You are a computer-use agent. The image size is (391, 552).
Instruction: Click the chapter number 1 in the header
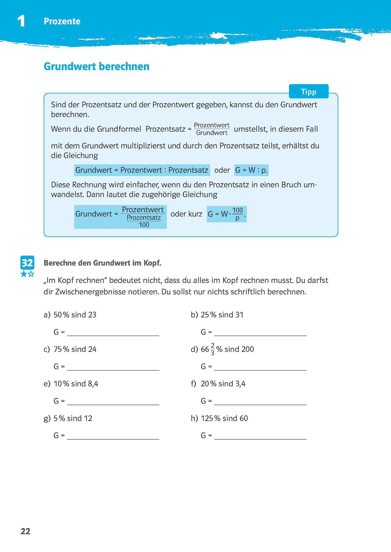tap(21, 21)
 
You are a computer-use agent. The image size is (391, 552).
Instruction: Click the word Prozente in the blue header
tap(62, 21)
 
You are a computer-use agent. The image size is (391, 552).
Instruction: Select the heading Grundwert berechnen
tap(96, 67)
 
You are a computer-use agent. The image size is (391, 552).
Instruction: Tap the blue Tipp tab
tap(308, 92)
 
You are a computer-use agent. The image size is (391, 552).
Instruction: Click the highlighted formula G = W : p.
tap(251, 170)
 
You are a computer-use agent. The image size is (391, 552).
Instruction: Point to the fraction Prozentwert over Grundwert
tap(212, 129)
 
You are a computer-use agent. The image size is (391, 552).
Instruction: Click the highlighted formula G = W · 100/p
tap(227, 214)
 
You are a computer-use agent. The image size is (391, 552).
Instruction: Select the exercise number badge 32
tap(27, 263)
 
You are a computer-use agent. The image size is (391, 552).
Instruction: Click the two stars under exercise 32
tap(27, 274)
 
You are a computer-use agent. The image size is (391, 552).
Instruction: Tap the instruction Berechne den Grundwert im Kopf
tap(102, 263)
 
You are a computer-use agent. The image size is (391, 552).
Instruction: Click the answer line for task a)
tap(113, 333)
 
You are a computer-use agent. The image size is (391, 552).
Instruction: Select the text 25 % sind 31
tap(222, 315)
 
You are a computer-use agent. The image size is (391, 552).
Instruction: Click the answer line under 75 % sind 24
tap(113, 367)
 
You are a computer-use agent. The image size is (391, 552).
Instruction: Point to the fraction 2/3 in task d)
tap(213, 349)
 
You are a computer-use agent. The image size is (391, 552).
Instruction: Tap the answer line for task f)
tap(260, 401)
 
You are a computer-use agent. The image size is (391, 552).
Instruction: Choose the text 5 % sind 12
tap(73, 418)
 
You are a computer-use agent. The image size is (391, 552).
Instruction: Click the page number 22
tap(25, 531)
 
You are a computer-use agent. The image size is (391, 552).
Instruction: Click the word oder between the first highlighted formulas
tap(222, 170)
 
